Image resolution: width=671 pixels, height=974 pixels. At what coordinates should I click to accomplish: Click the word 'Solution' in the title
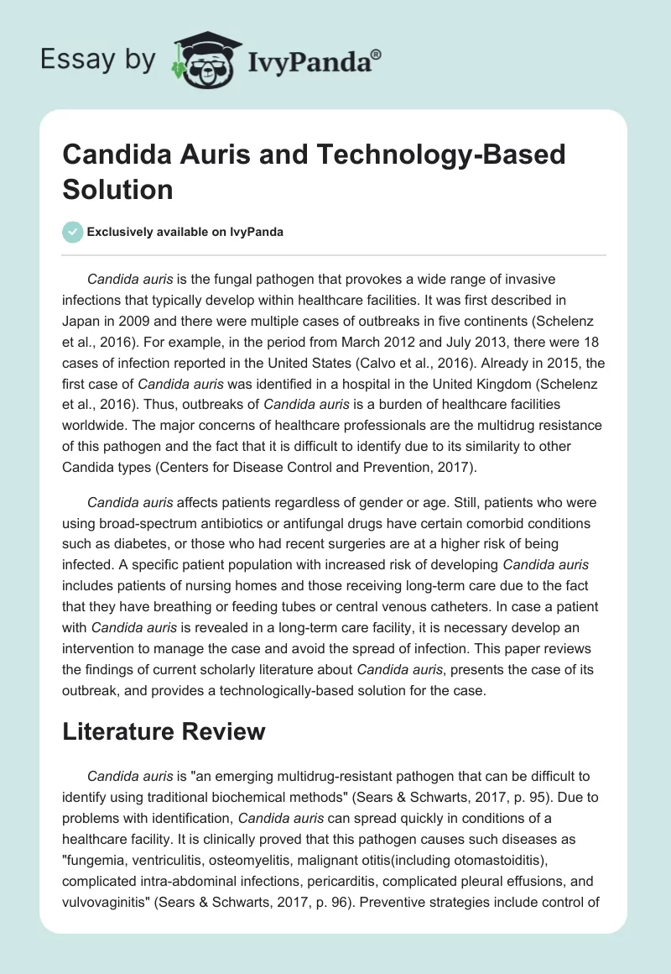pos(117,188)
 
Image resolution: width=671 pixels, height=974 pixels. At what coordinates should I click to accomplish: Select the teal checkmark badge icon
pos(73,232)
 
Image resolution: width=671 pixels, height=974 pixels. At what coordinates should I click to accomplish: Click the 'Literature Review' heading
pos(164,731)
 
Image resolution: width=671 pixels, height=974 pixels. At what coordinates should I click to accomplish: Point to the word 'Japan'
pos(83,318)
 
